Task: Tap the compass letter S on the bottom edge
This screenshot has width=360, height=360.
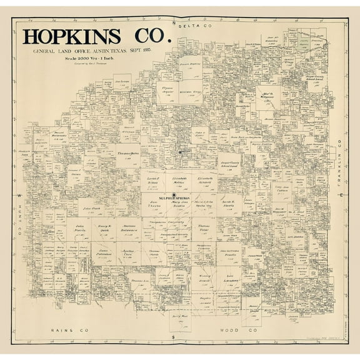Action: tap(173, 337)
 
